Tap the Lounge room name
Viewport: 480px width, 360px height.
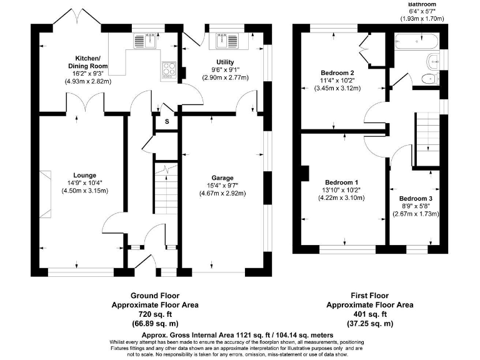point(84,175)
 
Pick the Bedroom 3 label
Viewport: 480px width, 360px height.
point(416,198)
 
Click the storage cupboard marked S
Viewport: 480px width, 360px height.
point(167,121)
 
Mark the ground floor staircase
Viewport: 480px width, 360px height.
point(166,191)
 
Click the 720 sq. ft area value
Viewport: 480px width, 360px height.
point(155,315)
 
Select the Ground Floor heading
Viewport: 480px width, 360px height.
point(155,296)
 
